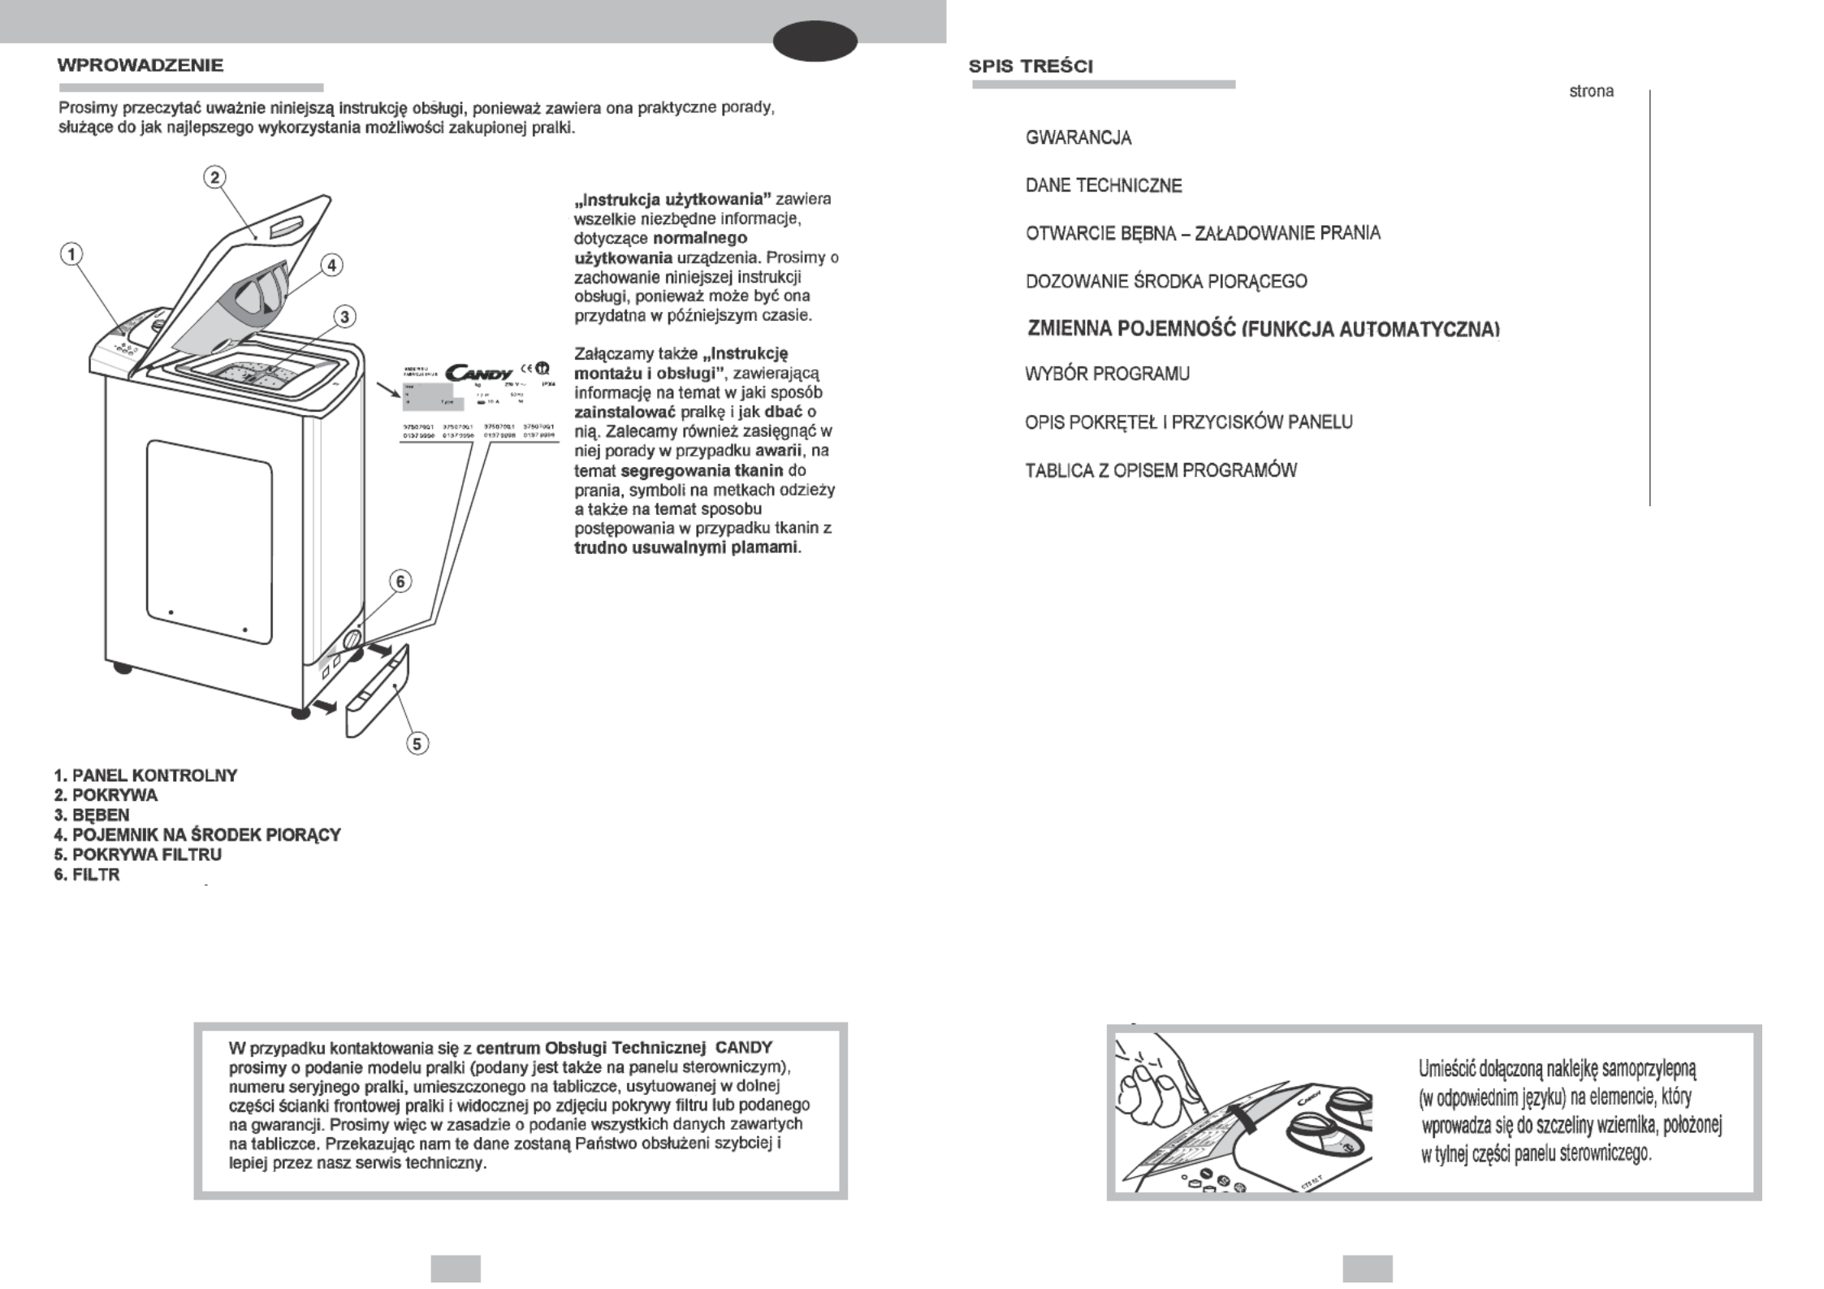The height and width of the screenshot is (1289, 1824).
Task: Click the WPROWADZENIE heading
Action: coord(140,66)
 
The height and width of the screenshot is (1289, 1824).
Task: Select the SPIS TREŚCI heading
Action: coord(1031,67)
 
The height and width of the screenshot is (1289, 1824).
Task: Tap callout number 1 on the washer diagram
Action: coord(72,254)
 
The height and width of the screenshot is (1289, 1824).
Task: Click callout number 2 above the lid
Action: coord(214,177)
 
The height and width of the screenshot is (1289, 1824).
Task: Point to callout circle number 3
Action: coord(345,317)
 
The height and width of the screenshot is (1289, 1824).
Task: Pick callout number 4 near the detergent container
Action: coord(331,265)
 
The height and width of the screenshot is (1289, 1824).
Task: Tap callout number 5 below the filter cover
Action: coord(417,743)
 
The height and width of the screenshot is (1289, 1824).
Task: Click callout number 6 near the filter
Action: coord(400,582)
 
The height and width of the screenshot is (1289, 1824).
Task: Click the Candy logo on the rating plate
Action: coord(478,372)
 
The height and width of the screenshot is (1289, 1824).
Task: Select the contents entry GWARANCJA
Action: coord(1078,138)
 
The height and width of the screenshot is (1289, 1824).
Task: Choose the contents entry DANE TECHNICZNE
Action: coord(1104,186)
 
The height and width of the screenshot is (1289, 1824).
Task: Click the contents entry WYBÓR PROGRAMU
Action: coord(1107,374)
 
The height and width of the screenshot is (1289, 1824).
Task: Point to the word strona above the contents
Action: coord(1591,92)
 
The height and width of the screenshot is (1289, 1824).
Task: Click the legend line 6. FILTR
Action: coord(87,875)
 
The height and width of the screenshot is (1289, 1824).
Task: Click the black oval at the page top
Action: coord(815,41)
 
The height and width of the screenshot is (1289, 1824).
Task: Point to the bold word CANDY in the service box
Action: coord(744,1047)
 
